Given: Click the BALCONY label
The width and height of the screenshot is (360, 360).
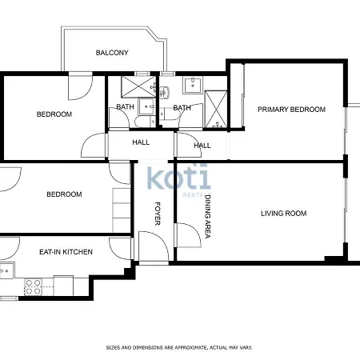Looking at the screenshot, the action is tap(112, 53).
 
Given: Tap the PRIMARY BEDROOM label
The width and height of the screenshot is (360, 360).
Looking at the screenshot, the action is tap(291, 110).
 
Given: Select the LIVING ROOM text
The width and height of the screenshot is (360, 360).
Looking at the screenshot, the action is tap(283, 214).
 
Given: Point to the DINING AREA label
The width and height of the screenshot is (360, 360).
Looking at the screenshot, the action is tap(208, 216).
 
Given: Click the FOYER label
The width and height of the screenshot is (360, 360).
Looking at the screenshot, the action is tap(158, 214).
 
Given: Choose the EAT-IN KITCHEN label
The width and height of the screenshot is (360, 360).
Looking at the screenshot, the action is tap(66, 252).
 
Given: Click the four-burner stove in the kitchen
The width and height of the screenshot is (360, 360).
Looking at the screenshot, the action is tap(34, 286).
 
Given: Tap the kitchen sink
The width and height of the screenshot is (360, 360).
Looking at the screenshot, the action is tap(7, 270).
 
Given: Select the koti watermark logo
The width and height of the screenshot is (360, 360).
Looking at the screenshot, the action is tap(178, 178).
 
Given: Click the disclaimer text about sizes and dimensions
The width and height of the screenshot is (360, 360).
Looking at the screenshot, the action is tap(179, 347).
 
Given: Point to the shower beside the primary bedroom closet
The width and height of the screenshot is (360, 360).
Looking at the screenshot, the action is tap(216, 109).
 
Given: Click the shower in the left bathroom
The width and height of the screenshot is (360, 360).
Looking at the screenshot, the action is tap(138, 86).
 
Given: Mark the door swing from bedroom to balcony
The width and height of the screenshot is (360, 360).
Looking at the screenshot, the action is tap(81, 88).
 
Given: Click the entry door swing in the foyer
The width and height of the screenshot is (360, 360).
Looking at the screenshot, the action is tap(154, 246).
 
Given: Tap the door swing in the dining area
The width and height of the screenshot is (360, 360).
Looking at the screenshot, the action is tap(189, 235).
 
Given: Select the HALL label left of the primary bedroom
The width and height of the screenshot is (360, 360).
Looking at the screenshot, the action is tap(202, 146).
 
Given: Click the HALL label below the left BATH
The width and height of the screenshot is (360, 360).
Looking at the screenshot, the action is tap(141, 142).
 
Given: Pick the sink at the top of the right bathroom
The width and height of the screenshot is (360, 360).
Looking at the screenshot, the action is tap(193, 85).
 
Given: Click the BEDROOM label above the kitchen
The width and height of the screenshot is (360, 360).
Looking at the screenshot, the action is tap(64, 194).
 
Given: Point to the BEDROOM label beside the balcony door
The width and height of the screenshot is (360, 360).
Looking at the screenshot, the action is tap(54, 114).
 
